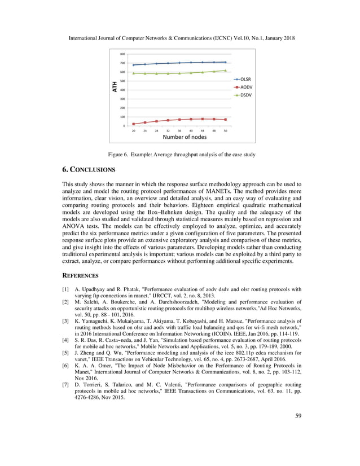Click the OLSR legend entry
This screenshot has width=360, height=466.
click(245, 79)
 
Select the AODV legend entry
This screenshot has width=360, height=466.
click(245, 87)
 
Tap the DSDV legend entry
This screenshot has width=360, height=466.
click(245, 95)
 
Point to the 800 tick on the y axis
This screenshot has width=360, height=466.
click(122, 54)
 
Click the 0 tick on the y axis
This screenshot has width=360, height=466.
click(124, 126)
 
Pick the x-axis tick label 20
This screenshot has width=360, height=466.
click(133, 130)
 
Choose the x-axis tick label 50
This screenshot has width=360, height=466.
click(225, 130)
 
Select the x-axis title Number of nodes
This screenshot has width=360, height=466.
click(185, 137)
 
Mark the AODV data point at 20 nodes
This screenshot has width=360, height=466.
click(133, 124)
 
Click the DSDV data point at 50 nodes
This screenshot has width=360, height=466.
click(225, 71)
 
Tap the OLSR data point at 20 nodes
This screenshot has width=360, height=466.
click(133, 65)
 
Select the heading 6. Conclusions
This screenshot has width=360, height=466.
click(89, 169)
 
